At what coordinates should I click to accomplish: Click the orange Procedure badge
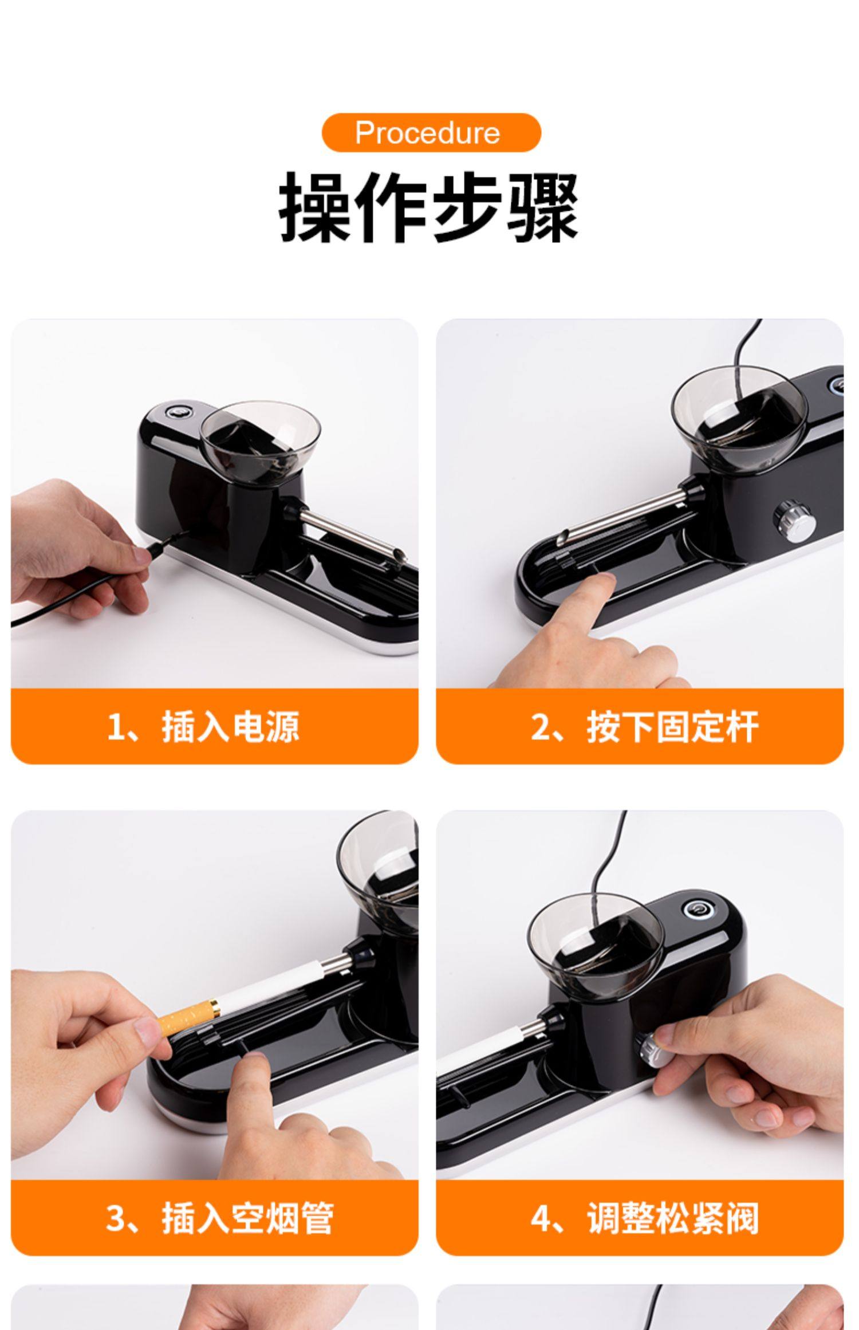click(431, 133)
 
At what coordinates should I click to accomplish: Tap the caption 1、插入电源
click(203, 727)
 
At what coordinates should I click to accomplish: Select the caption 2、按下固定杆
click(644, 727)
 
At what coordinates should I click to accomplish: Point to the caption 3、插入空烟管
click(219, 1218)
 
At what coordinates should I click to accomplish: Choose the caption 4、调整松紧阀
click(644, 1218)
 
